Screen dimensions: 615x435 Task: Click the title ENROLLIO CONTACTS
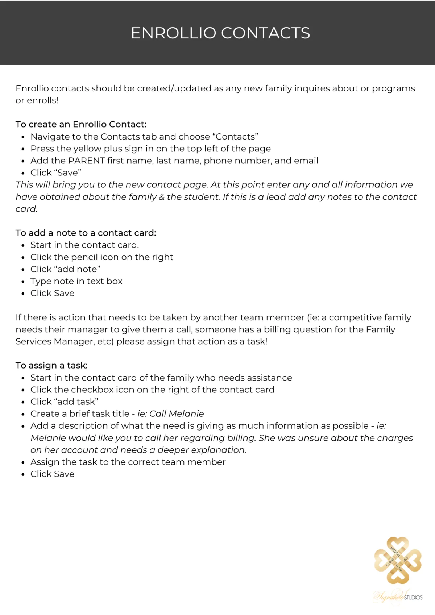[220, 33]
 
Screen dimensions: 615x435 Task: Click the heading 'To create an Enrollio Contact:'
[81, 124]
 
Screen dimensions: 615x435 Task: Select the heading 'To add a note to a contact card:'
[86, 233]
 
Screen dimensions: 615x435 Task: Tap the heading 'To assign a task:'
[51, 365]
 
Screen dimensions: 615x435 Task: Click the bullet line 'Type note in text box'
[76, 281]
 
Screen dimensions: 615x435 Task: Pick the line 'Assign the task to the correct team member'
[128, 462]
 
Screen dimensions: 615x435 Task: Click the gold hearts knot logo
[398, 560]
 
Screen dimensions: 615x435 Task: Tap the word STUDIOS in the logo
[413, 597]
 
